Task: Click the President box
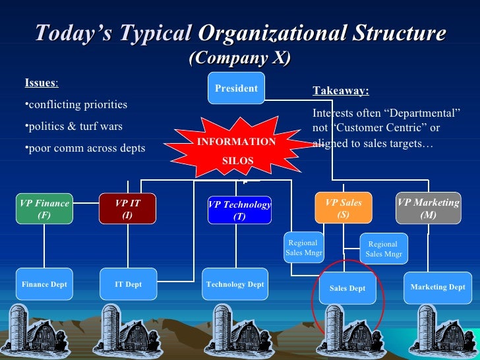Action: tap(236, 88)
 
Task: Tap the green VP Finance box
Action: tap(44, 209)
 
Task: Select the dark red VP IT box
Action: tap(127, 209)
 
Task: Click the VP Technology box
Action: tap(239, 210)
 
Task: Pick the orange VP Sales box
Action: tap(343, 208)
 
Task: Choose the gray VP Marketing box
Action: tap(428, 208)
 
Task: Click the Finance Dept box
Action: tap(44, 285)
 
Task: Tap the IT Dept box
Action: tap(128, 285)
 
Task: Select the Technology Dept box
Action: tap(235, 285)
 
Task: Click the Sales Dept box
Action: tap(347, 288)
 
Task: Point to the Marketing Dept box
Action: tap(438, 287)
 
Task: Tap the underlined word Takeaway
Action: tap(340, 92)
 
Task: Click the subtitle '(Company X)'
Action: tap(239, 58)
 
